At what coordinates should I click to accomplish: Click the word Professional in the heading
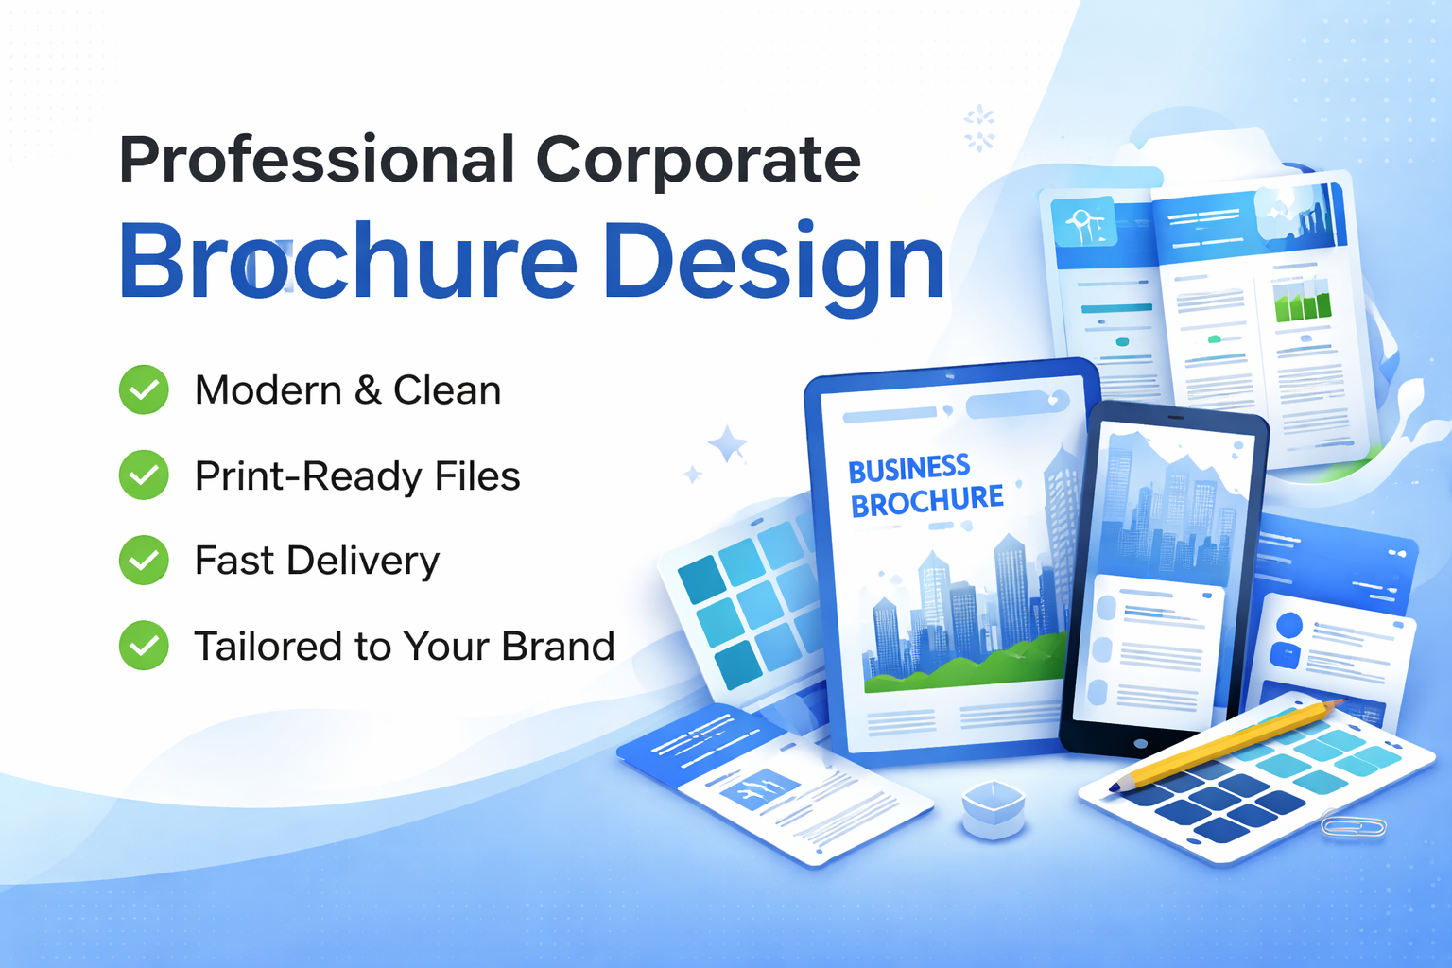pos(317,160)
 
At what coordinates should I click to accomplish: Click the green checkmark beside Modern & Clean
pos(144,389)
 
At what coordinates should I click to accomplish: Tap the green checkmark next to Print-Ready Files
pos(144,475)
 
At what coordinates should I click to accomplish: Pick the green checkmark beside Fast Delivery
pos(144,561)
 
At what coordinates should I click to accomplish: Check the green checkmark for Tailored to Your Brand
pos(144,646)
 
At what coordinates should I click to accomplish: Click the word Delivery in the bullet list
pos(363,562)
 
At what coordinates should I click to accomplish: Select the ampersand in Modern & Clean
pos(368,390)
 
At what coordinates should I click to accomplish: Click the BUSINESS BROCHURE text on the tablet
pos(925,486)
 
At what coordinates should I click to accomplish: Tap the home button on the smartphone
pos(1141,744)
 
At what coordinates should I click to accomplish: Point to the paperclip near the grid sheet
pos(1354,825)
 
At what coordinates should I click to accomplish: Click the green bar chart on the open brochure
pos(1303,303)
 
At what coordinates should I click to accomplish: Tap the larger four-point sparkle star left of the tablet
pos(727,443)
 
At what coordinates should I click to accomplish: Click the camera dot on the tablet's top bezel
pos(950,376)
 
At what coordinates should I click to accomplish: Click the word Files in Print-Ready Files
pos(477,475)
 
